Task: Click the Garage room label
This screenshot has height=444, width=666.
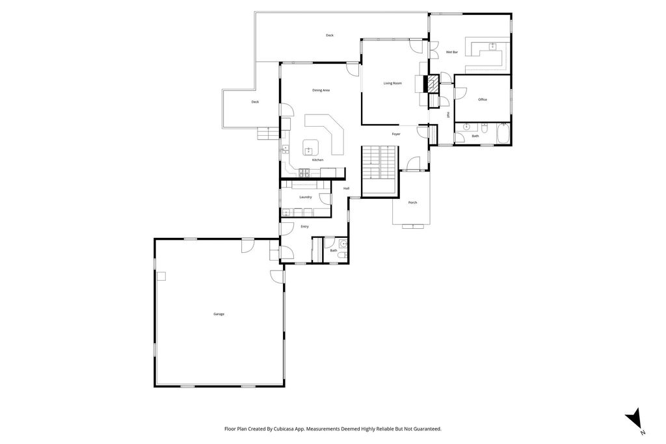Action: click(x=219, y=314)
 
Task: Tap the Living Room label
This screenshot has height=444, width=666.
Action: click(x=392, y=83)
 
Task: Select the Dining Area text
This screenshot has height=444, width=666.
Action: click(x=321, y=90)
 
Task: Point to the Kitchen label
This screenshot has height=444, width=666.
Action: click(x=317, y=160)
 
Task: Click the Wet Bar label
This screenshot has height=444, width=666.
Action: click(x=451, y=52)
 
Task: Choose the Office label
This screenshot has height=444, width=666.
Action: click(x=482, y=99)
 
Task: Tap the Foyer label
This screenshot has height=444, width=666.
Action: click(x=395, y=134)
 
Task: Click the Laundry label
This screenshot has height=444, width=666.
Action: click(x=306, y=197)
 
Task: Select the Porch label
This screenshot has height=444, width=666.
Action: click(x=412, y=203)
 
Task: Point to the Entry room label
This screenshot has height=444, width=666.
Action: click(x=304, y=226)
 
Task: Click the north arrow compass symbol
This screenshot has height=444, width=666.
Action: click(x=635, y=419)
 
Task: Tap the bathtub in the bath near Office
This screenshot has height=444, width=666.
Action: click(x=502, y=135)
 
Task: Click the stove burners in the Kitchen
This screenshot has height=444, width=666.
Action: click(x=304, y=172)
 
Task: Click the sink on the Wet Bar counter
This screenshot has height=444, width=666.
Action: click(x=492, y=46)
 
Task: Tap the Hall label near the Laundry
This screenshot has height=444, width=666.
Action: click(x=347, y=189)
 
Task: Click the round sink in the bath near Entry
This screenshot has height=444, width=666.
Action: click(x=343, y=244)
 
